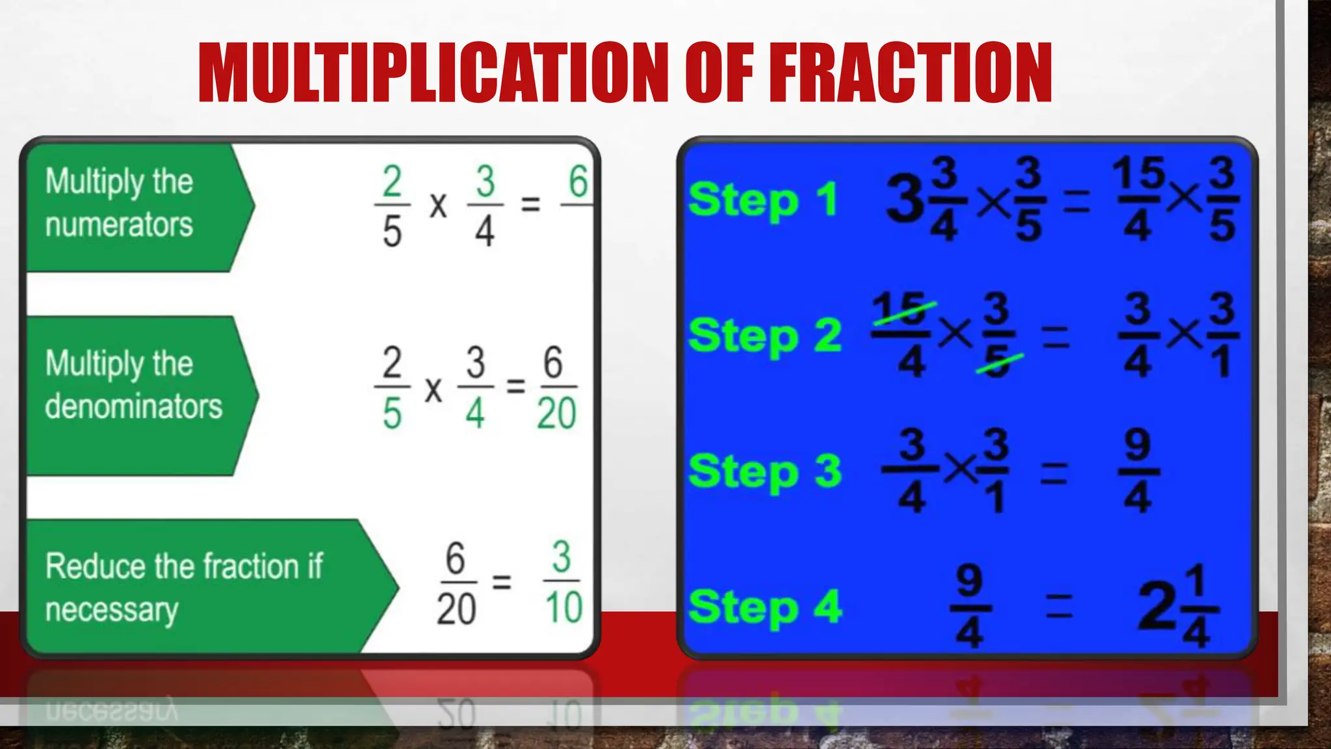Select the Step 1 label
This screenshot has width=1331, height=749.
[x=763, y=200]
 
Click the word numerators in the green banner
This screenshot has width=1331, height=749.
[x=119, y=225]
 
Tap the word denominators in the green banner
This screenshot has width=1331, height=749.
[x=134, y=406]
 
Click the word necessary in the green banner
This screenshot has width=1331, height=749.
[x=112, y=611]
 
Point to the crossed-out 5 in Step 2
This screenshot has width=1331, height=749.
[x=998, y=361]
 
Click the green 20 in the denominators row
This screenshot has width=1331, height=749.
[x=556, y=414]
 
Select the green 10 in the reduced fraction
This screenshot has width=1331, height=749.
[x=563, y=608]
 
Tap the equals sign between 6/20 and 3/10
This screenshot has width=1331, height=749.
[x=501, y=581]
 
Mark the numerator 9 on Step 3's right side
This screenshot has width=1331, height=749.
[x=1137, y=445]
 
